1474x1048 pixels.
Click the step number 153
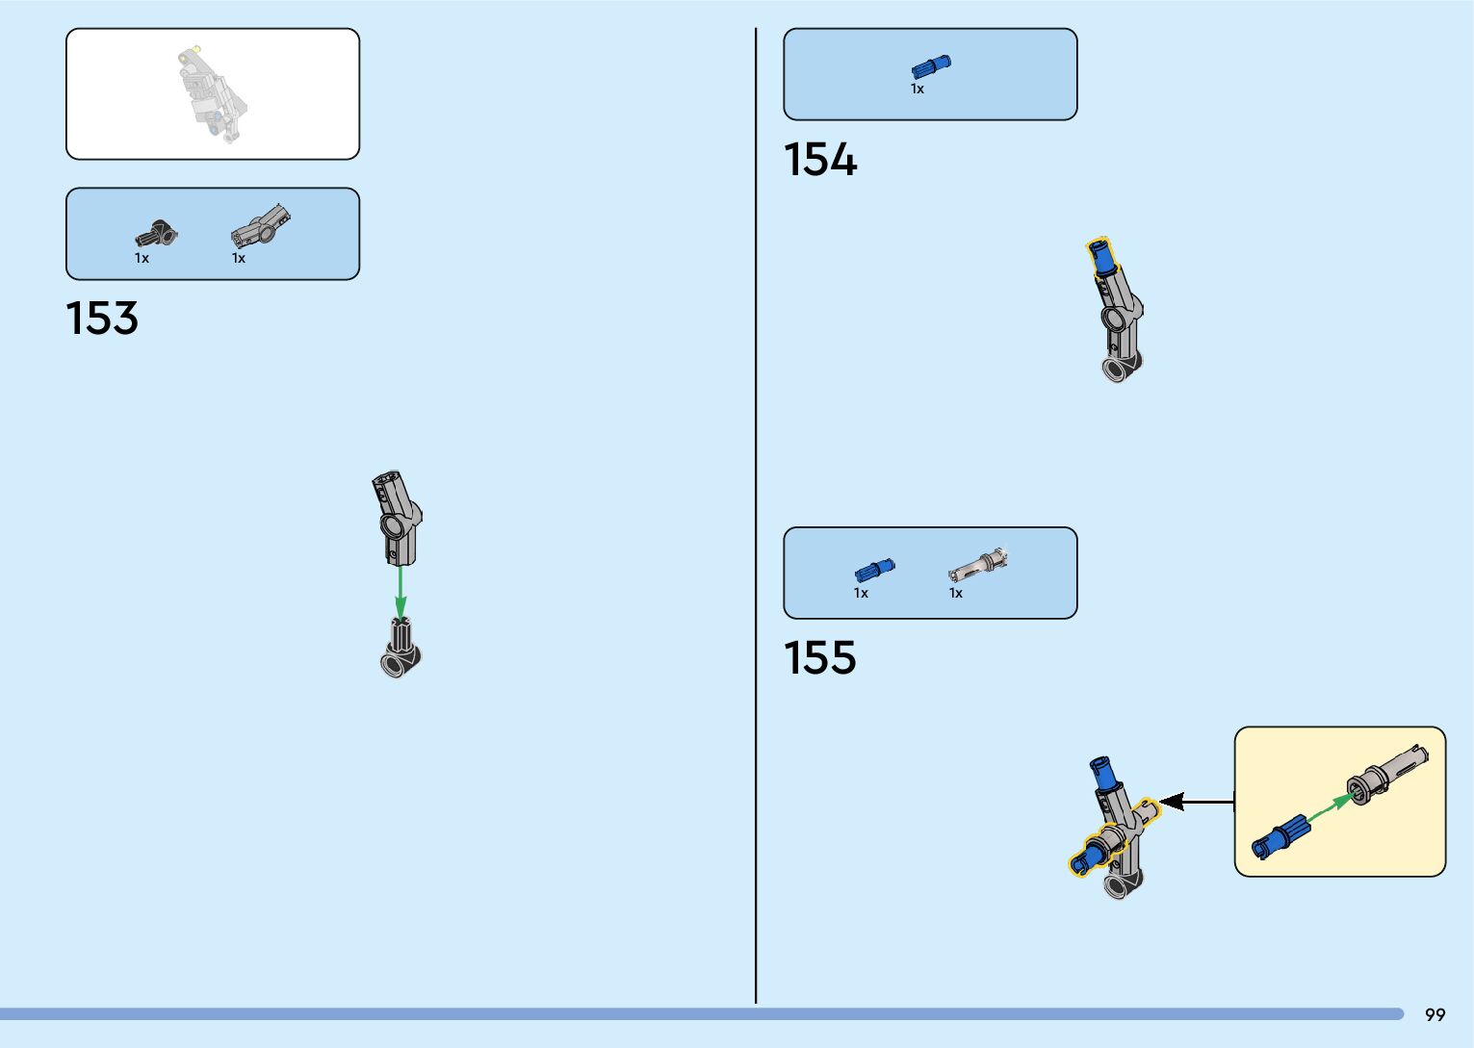[102, 319]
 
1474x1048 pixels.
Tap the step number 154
[819, 160]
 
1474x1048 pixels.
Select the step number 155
[819, 658]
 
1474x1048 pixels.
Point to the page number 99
[1435, 1014]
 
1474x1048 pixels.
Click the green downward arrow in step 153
[401, 589]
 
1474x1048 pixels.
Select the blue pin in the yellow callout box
[1280, 838]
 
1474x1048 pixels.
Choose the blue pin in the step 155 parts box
[873, 570]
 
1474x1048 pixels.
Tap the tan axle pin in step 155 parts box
[977, 565]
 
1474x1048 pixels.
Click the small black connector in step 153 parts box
[155, 234]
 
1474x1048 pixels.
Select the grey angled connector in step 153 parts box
[260, 225]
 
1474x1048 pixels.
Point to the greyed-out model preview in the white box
[212, 94]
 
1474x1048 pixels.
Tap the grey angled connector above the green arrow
[396, 517]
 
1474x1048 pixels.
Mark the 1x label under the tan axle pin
[955, 593]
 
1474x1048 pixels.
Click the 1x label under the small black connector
[142, 258]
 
